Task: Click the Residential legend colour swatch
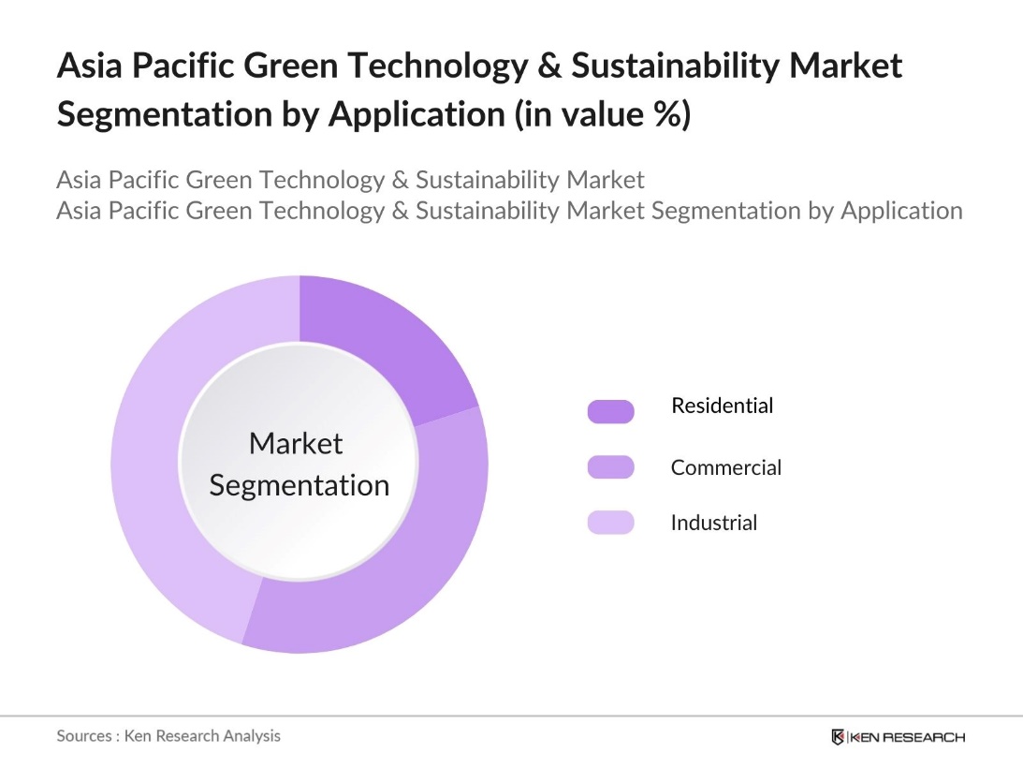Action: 610,411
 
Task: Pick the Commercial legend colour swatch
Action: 610,467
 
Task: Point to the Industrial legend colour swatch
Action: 610,523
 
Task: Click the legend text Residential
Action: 722,406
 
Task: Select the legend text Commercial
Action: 725,467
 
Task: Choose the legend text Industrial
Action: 713,523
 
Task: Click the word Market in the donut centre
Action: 296,443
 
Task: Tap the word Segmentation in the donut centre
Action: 299,485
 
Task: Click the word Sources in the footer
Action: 84,735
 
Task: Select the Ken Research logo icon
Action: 839,737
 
